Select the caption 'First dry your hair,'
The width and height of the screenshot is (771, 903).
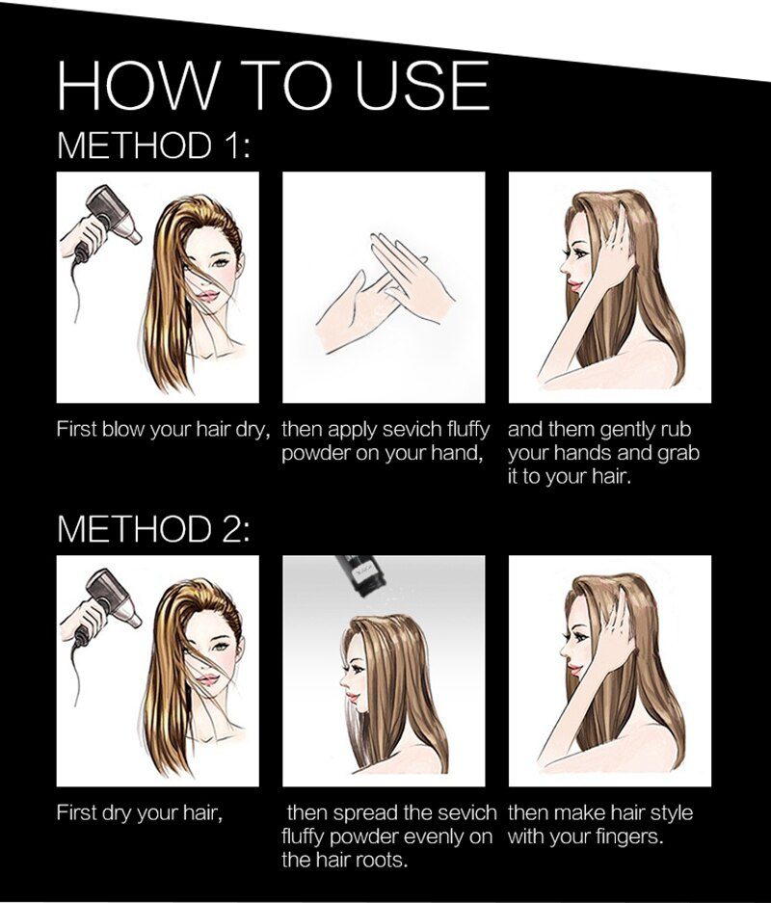tap(139, 813)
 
